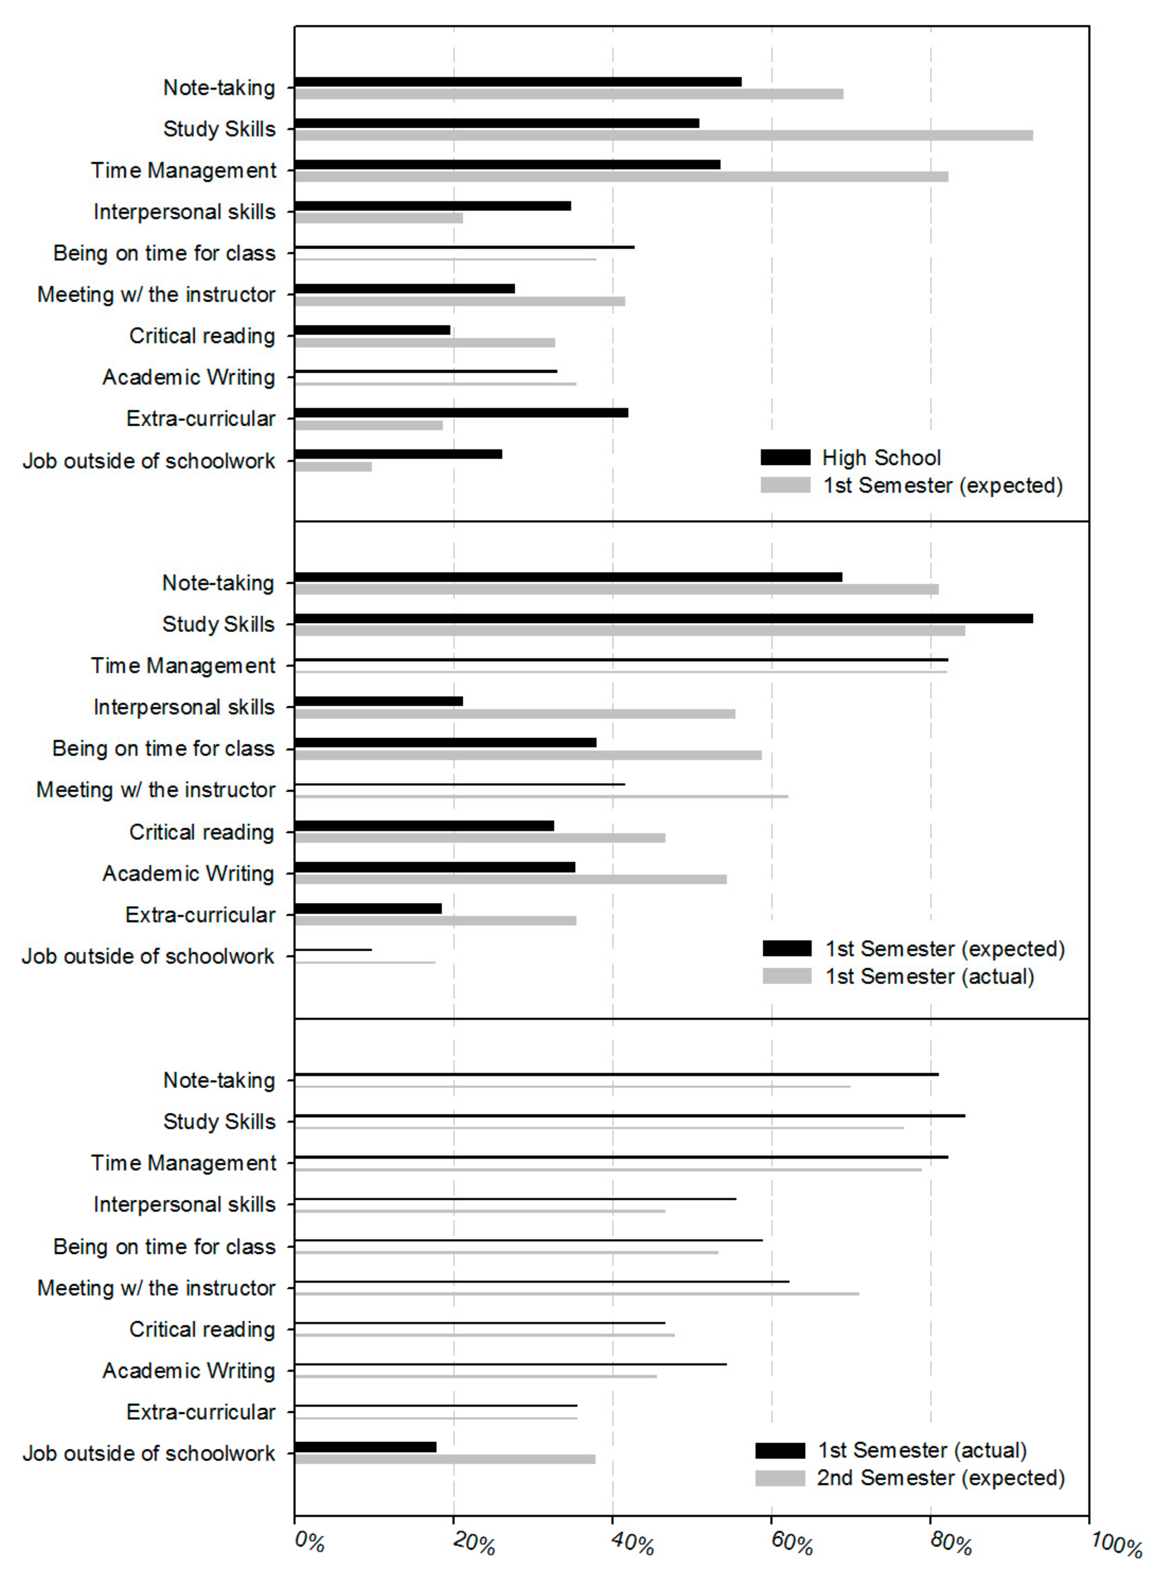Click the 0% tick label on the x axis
(310, 1543)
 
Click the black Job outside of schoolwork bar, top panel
(398, 454)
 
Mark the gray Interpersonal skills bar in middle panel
(515, 714)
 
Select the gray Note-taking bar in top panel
(569, 94)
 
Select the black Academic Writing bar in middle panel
(435, 867)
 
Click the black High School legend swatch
(785, 457)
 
